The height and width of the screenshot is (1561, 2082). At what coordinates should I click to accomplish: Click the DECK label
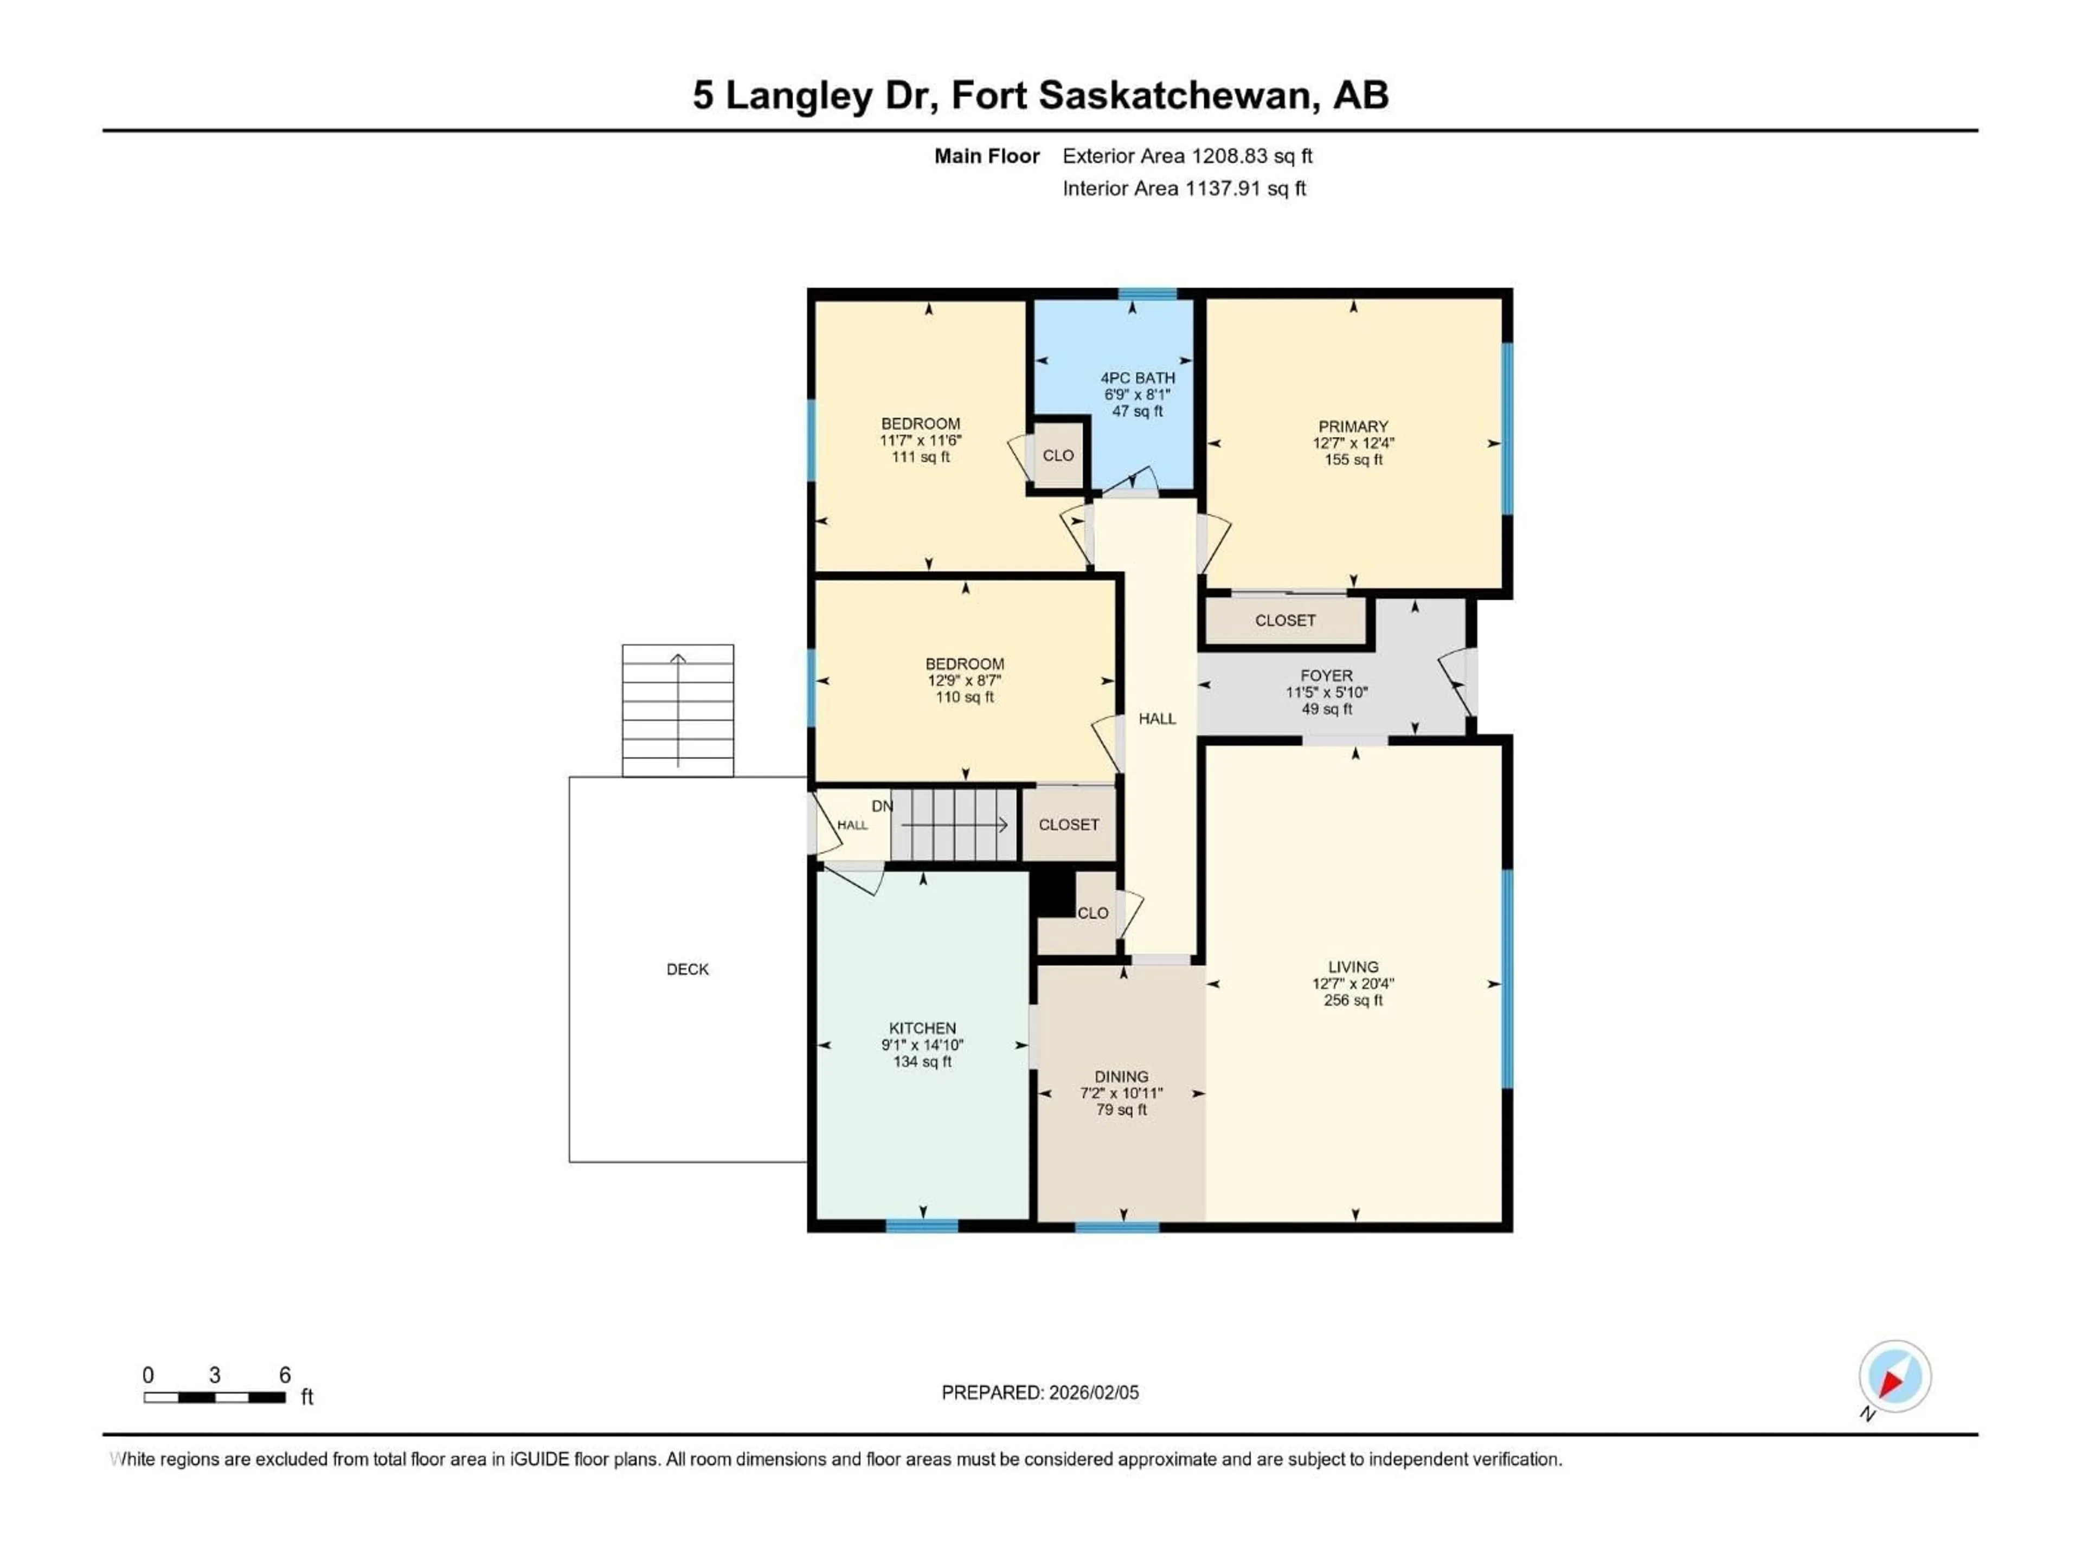[687, 969]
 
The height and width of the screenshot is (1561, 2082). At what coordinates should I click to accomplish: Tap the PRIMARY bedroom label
[1353, 426]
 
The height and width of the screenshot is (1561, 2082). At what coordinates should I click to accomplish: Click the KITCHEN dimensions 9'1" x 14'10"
[922, 1046]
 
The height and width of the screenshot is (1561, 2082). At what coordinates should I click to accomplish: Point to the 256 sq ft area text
[1353, 1000]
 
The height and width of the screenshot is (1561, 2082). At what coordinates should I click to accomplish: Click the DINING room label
[1121, 1076]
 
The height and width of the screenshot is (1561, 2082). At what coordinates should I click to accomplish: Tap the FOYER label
[1326, 675]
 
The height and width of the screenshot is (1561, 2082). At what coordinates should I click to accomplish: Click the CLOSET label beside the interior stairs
[1068, 825]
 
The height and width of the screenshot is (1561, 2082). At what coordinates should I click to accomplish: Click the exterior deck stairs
[678, 711]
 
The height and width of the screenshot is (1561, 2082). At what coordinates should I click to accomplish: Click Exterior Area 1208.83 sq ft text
[1187, 156]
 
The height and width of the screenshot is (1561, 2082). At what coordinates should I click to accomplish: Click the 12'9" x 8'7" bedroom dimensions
[964, 680]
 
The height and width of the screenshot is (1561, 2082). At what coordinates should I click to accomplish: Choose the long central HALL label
[1157, 719]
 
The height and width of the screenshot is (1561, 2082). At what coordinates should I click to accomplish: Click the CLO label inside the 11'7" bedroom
[1058, 455]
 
